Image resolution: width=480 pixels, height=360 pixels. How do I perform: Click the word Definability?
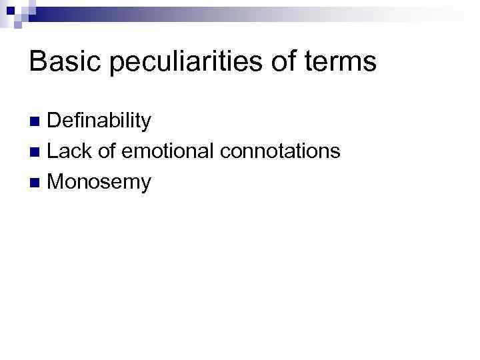pos(99,121)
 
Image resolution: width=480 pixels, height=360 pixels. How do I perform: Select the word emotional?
pos(166,151)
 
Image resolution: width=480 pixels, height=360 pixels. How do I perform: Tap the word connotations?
pos(280,151)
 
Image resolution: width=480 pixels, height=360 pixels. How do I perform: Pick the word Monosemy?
pos(99,182)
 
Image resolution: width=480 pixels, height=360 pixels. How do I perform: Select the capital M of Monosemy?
pos(57,181)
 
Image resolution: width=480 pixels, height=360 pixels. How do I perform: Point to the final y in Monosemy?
pos(145,185)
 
